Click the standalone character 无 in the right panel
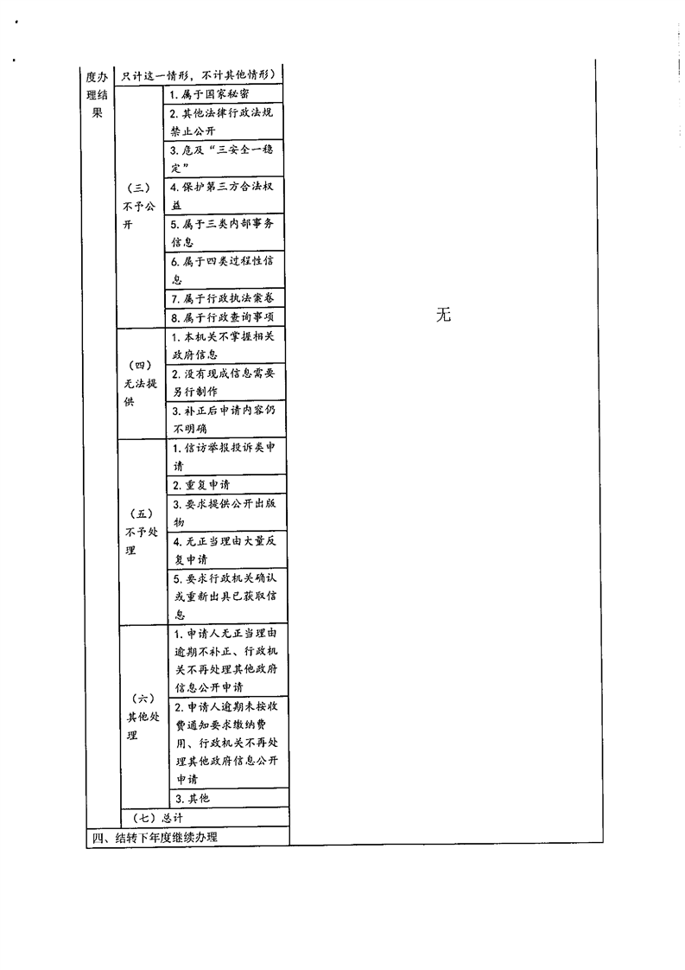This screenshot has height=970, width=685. [443, 316]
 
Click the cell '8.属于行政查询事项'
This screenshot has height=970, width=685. [223, 317]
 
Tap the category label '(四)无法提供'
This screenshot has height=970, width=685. [140, 384]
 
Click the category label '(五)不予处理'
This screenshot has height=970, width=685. [142, 532]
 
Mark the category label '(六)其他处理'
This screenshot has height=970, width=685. [143, 717]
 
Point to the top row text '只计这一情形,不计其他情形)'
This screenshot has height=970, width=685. [199, 75]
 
